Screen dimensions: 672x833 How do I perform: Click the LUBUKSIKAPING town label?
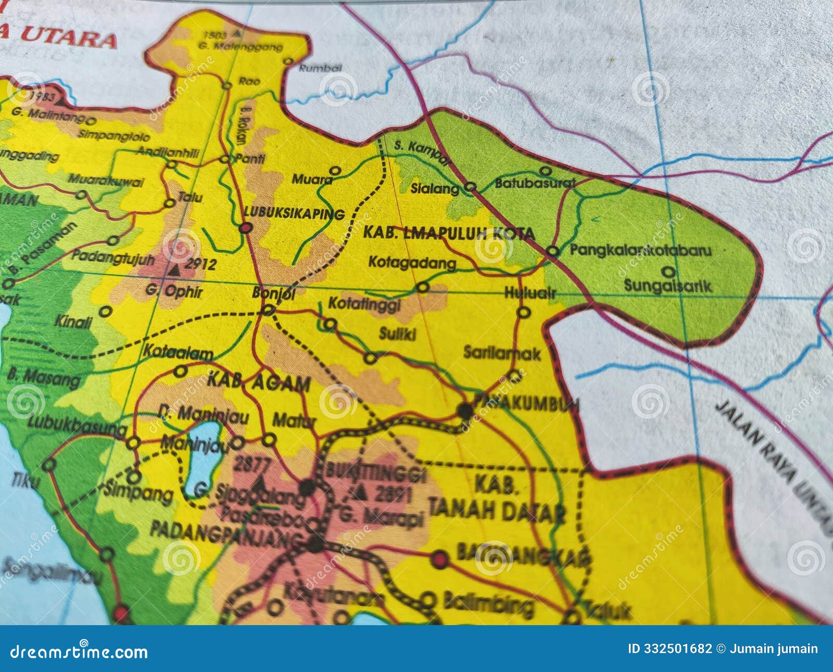tap(294, 213)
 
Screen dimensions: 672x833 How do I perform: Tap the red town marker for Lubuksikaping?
tap(246, 227)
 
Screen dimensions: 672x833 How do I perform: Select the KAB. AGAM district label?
tap(259, 384)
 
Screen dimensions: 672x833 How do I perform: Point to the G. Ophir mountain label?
tap(174, 291)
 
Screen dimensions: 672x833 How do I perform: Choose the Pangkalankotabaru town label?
tap(640, 250)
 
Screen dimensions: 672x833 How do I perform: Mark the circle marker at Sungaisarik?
tap(670, 272)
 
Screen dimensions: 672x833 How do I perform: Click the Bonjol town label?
tap(273, 294)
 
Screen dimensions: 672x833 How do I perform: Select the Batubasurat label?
tap(535, 183)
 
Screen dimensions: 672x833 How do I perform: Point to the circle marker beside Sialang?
tap(470, 187)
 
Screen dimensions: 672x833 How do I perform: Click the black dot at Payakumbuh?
tap(464, 411)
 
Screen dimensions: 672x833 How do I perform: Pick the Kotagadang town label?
tap(412, 262)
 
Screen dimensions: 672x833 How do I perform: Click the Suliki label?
tap(397, 334)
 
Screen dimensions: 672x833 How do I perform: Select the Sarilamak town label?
tap(502, 353)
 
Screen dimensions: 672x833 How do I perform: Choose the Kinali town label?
tap(73, 321)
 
